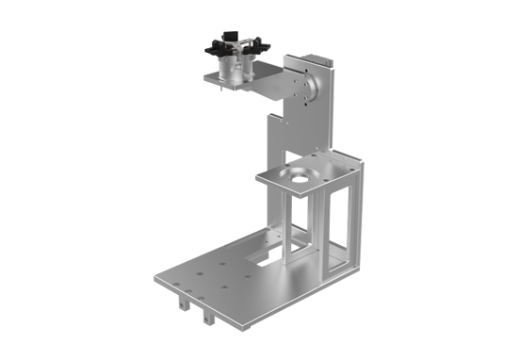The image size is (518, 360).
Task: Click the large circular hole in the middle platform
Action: pyautogui.click(x=302, y=174)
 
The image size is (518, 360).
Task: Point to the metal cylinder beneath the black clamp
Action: pyautogui.click(x=233, y=69)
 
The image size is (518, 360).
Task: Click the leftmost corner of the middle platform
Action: pyautogui.click(x=256, y=174)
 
